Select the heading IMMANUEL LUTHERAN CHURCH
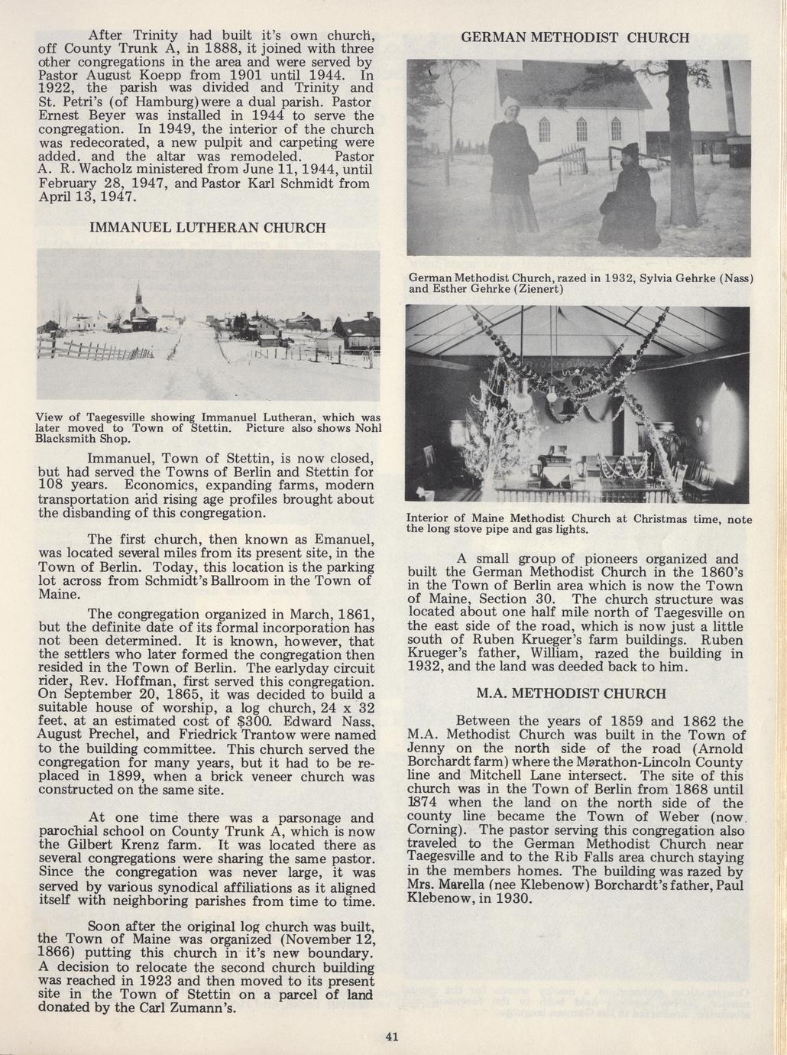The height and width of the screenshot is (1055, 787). [x=208, y=228]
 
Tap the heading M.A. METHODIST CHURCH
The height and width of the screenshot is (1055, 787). [x=570, y=694]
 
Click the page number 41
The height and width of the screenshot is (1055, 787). [x=393, y=1037]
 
